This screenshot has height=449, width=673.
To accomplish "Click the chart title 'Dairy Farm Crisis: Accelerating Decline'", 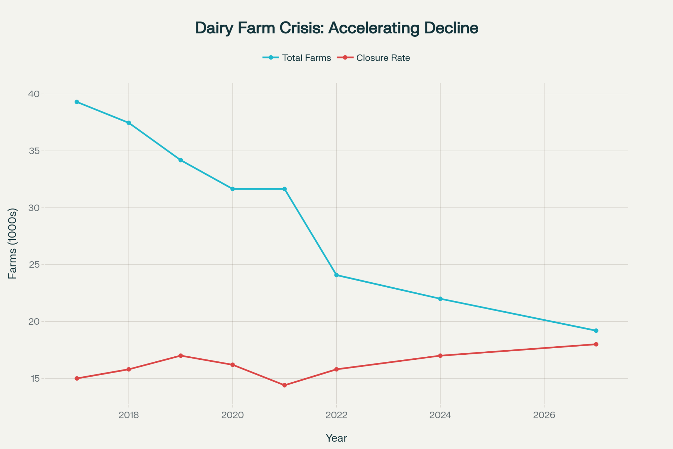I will point(336,28).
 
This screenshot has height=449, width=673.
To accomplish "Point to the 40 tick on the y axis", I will point(34,94).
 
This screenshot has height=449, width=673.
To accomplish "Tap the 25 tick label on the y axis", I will point(34,265).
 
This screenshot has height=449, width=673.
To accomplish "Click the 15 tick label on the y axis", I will point(35,379).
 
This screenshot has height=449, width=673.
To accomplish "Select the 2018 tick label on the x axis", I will point(129,415).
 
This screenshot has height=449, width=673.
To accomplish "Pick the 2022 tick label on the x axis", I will point(336,415).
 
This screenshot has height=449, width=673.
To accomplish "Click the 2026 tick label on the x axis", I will point(544,415).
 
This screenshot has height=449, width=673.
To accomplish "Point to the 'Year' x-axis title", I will point(336,438).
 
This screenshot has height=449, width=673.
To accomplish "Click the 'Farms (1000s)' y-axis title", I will point(12,244).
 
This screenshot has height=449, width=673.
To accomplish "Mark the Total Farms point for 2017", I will point(77,102).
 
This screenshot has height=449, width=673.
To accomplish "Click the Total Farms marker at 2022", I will point(336,275).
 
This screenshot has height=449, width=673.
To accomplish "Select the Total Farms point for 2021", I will point(284,189).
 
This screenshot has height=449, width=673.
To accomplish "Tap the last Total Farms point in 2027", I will point(596,331).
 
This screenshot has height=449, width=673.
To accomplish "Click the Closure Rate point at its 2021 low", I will point(284,385).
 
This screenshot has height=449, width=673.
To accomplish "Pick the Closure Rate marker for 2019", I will point(181,356).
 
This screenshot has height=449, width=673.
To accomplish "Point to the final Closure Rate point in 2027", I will point(596,344).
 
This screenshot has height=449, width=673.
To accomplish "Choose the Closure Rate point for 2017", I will point(77,379).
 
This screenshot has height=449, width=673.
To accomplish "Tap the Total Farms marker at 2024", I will point(440,299).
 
